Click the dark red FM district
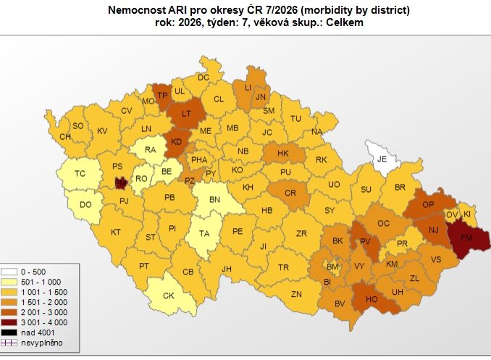click(x=467, y=237)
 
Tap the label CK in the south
click(x=169, y=295)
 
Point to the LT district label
click(x=186, y=113)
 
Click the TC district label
click(x=80, y=173)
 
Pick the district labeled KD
click(x=176, y=142)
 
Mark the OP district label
click(x=429, y=205)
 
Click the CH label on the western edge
click(x=65, y=136)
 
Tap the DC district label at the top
click(x=203, y=78)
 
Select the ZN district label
click(x=296, y=293)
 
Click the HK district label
click(x=282, y=154)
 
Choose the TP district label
click(x=163, y=95)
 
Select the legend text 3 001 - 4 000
click(x=44, y=322)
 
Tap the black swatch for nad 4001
click(x=10, y=331)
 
